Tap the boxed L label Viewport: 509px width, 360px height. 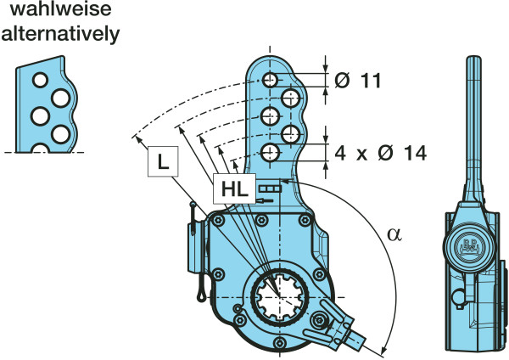coord(162,161)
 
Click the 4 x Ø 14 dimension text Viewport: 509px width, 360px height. coord(379,153)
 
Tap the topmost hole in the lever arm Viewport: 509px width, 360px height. coord(269,79)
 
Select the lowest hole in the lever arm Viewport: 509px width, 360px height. coord(269,152)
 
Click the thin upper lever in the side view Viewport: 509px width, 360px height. coord(472,127)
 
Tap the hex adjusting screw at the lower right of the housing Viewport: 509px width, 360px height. coord(322,321)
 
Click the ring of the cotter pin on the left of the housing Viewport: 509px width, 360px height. coord(197,294)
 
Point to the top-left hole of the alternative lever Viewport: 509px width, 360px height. coord(39,80)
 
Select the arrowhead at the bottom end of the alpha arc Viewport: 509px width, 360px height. coord(387,346)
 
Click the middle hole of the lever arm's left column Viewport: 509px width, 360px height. coord(269,115)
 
